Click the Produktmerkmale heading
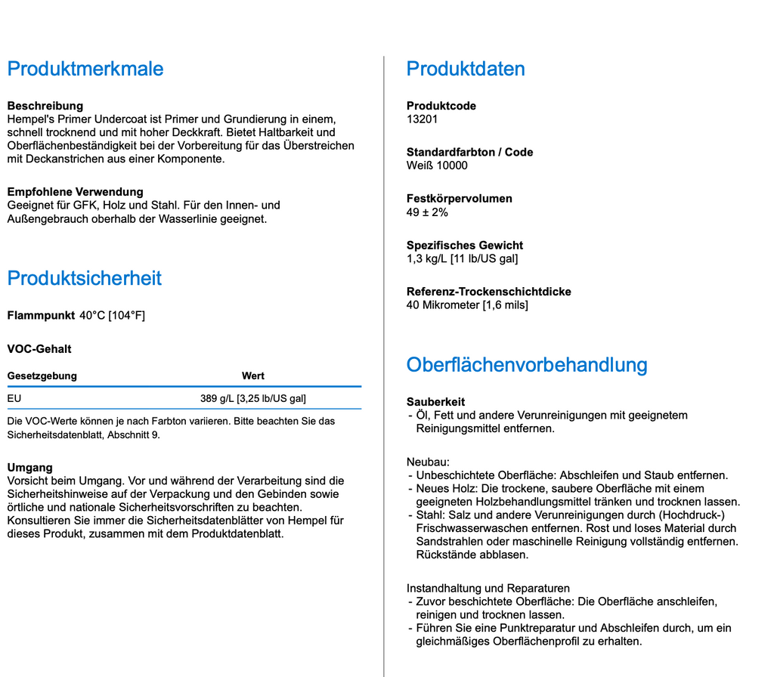85,69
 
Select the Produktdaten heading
465,69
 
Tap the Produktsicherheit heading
84,278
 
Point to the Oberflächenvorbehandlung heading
526,365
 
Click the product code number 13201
422,119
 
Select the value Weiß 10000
437,165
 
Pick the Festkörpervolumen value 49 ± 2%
427,212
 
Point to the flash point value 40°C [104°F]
112,315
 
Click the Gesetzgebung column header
42,376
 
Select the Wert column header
253,376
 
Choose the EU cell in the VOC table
14,398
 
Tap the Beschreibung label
45,106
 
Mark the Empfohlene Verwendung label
75,192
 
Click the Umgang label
29,468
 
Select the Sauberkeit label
435,402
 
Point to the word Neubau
428,462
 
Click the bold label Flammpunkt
40,315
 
